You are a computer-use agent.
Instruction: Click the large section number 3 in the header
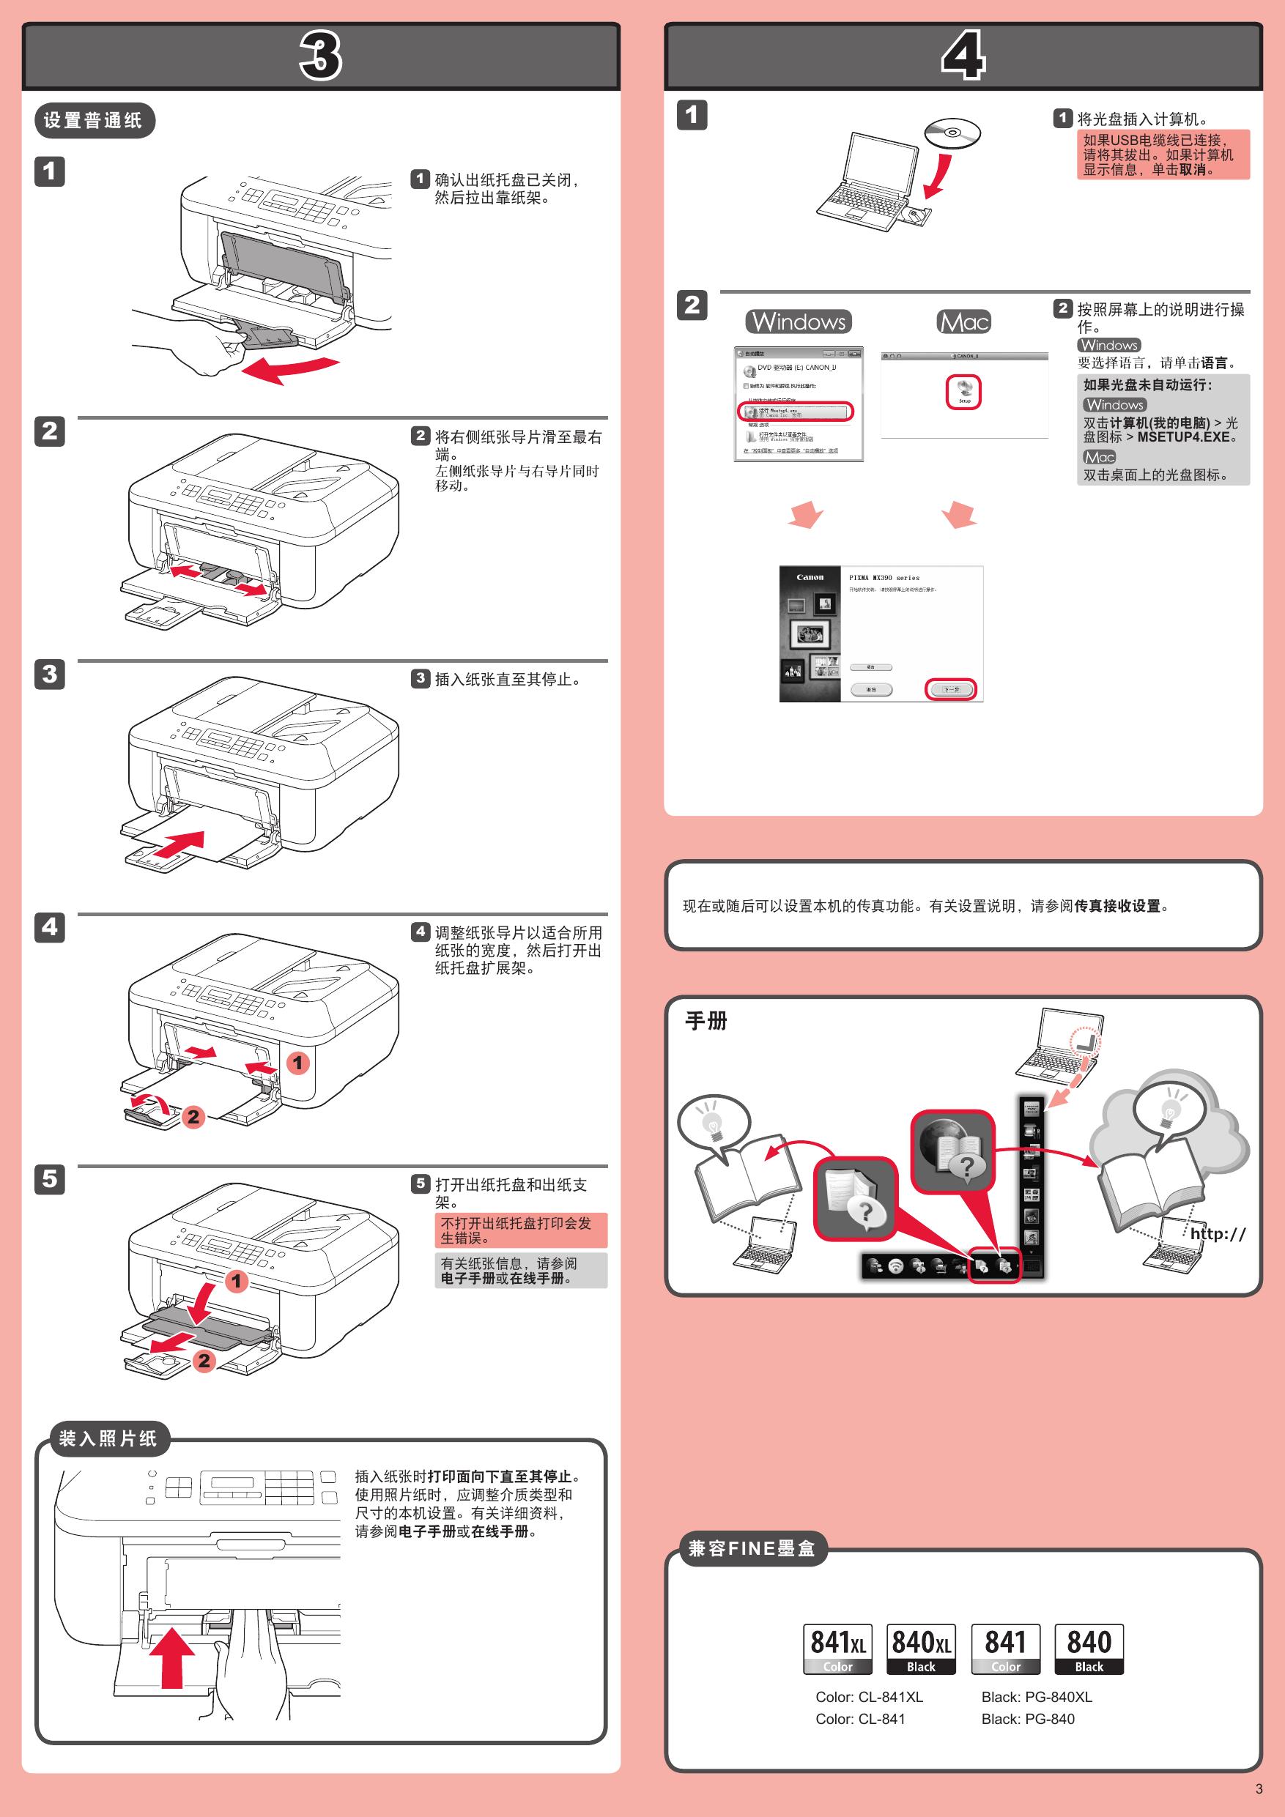pyautogui.click(x=321, y=56)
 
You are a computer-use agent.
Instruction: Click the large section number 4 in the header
pyautogui.click(x=963, y=56)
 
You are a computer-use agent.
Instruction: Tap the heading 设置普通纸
pyautogui.click(x=94, y=120)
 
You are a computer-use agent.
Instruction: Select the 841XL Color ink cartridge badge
pyautogui.click(x=837, y=1649)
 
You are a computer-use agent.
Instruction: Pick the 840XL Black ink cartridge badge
pyautogui.click(x=921, y=1649)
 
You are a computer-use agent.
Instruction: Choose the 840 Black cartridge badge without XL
pyautogui.click(x=1089, y=1649)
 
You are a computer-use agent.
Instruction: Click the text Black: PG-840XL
pyautogui.click(x=1037, y=1697)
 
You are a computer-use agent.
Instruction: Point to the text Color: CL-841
pyautogui.click(x=860, y=1719)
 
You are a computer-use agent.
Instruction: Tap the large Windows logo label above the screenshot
pyautogui.click(x=798, y=322)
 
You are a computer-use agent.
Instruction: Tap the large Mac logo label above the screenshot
pyautogui.click(x=963, y=322)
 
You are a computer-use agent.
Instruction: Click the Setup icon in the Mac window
pyautogui.click(x=963, y=392)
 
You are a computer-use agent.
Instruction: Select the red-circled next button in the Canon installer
pyautogui.click(x=951, y=689)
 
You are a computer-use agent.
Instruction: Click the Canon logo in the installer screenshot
pyautogui.click(x=810, y=578)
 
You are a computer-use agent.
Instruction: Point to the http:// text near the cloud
pyautogui.click(x=1218, y=1233)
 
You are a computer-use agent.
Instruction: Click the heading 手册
pyautogui.click(x=706, y=1021)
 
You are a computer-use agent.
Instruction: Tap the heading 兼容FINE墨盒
pyautogui.click(x=752, y=1548)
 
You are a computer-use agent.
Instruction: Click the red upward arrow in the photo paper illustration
pyautogui.click(x=173, y=1657)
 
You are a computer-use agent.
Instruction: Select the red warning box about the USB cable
pyautogui.click(x=1162, y=155)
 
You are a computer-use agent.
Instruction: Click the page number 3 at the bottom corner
pyautogui.click(x=1259, y=1788)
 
